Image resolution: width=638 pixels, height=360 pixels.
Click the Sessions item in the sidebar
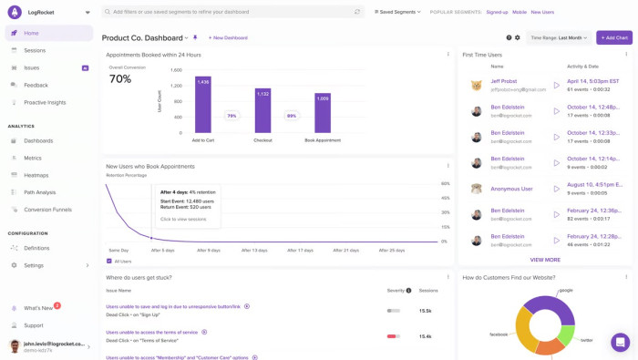[x=35, y=50]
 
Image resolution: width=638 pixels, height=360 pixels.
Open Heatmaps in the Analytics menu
[x=36, y=175]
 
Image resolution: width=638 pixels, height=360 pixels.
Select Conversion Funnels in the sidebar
[x=47, y=210]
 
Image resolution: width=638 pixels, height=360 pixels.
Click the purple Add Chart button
[x=614, y=37]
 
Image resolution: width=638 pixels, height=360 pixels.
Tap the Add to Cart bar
[x=203, y=105]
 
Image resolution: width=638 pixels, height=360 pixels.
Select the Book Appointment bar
[x=323, y=112]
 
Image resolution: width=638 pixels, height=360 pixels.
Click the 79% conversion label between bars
[x=232, y=116]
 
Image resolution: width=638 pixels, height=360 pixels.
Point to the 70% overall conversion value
[x=120, y=79]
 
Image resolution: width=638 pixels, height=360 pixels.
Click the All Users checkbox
[x=109, y=262]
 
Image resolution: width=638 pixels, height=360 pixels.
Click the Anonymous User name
[x=511, y=189]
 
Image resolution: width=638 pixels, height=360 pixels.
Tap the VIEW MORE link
[x=545, y=260]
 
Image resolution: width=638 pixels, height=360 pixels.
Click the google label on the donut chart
[x=566, y=290]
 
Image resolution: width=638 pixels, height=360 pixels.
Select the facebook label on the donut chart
[x=499, y=334]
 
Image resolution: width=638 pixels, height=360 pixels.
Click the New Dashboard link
[x=228, y=38]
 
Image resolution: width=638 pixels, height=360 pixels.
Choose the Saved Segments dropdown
[x=397, y=12]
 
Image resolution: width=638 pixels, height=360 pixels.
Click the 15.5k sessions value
[x=425, y=311]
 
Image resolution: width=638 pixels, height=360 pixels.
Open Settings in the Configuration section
[x=34, y=265]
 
